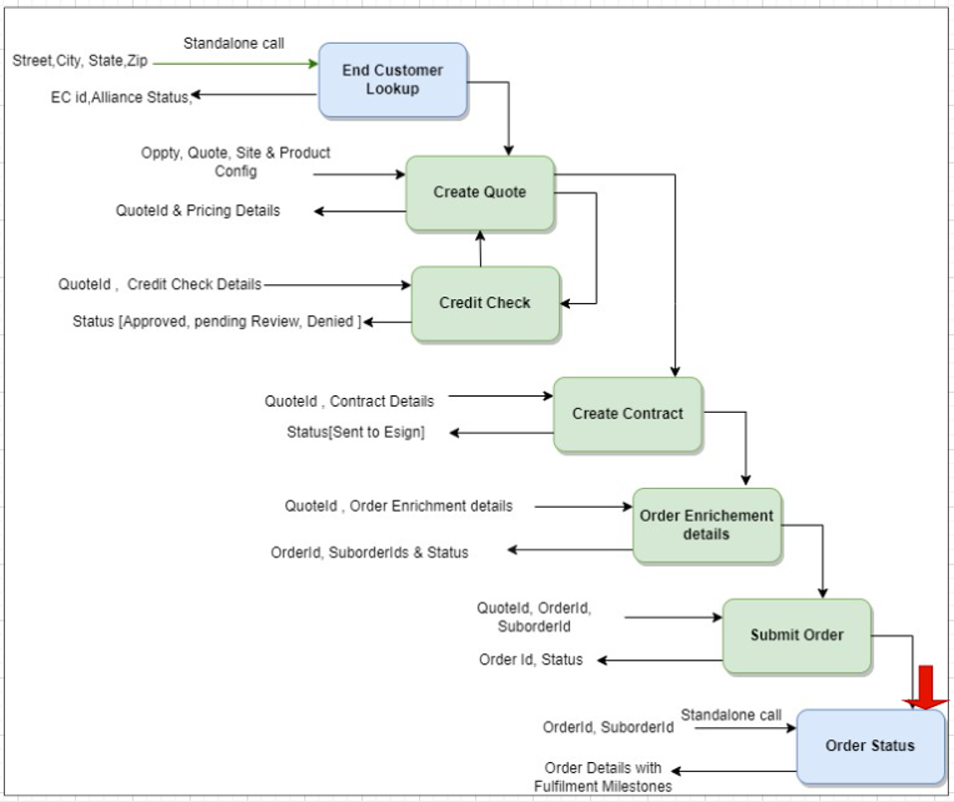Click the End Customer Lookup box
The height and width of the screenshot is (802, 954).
pos(392,80)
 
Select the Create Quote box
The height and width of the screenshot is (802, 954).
pos(479,193)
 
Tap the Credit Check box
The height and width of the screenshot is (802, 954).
pos(485,303)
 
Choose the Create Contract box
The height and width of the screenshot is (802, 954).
pos(628,414)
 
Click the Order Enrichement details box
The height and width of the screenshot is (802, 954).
pos(707,525)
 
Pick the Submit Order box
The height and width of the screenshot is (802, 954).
pos(796,635)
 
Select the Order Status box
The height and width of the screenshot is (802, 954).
pos(869,746)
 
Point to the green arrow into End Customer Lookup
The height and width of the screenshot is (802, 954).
pos(236,63)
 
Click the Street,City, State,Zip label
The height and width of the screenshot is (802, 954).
pos(80,61)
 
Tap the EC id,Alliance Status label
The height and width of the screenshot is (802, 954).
pos(121,97)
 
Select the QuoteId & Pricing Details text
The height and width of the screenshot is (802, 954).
pos(198,210)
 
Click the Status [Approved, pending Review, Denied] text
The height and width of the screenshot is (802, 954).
pos(217,321)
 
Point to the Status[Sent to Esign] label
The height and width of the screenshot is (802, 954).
pos(355,432)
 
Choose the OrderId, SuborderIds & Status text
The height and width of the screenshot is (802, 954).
pos(369,552)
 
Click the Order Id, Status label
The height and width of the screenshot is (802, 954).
pos(531,659)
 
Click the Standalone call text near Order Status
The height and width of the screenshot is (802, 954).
pos(731,715)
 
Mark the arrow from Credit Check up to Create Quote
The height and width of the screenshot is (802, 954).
pos(480,248)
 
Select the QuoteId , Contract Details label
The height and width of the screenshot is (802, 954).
pos(349,401)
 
